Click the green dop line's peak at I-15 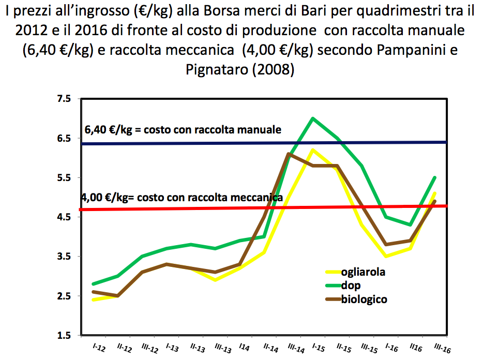[313, 118]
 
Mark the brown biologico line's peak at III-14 [288, 154]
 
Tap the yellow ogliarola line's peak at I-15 [313, 150]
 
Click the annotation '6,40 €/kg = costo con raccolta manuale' [183, 129]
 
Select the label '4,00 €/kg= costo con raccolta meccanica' [182, 197]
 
